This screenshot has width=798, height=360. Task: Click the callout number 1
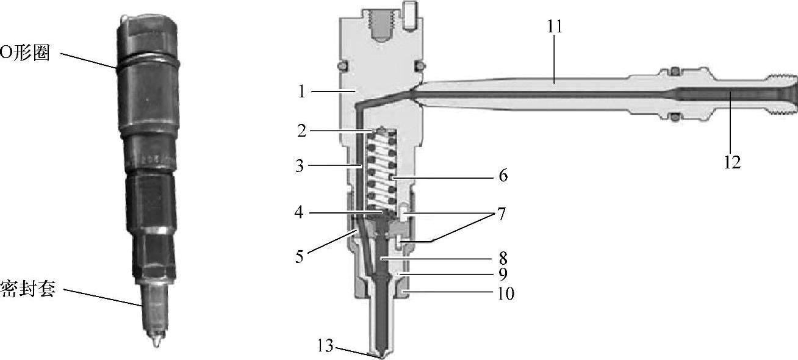pos(302,92)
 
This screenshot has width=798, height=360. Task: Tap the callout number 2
pos(302,131)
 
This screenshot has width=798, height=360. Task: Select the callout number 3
pos(300,166)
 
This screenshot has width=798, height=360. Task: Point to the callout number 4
pos(299,213)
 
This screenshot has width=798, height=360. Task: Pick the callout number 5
pos(299,257)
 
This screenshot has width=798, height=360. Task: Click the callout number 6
pos(503,175)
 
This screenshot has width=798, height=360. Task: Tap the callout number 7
pos(501,214)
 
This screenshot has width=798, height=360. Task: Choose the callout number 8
pos(503,257)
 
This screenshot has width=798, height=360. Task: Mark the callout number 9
pos(503,274)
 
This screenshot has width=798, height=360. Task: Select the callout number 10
pos(506,293)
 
